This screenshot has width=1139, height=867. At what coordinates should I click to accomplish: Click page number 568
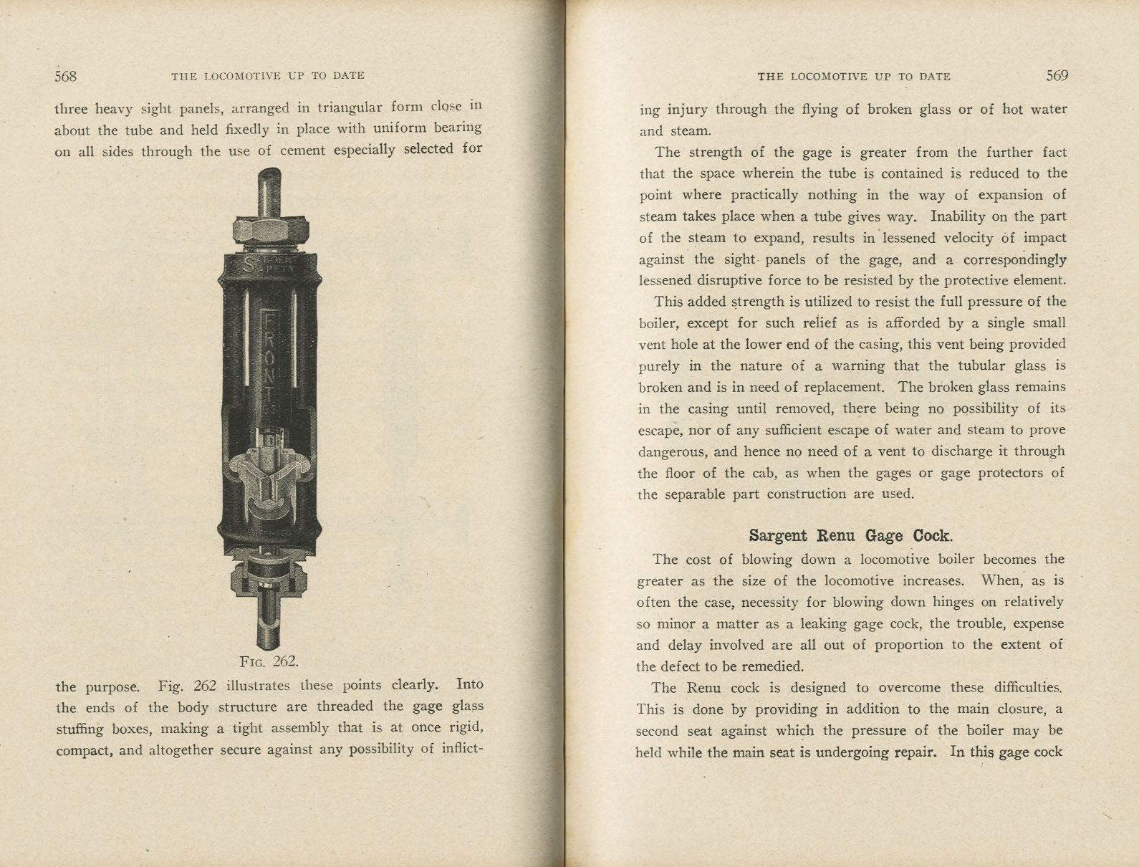[65, 76]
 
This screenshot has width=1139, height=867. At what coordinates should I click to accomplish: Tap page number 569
[1057, 76]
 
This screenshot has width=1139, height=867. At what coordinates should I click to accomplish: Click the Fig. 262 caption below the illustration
[269, 661]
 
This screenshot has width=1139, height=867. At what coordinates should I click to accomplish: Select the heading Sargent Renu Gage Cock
[850, 536]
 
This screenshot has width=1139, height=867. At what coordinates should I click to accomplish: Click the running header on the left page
[268, 76]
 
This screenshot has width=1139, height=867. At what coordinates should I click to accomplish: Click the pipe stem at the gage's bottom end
[269, 627]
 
